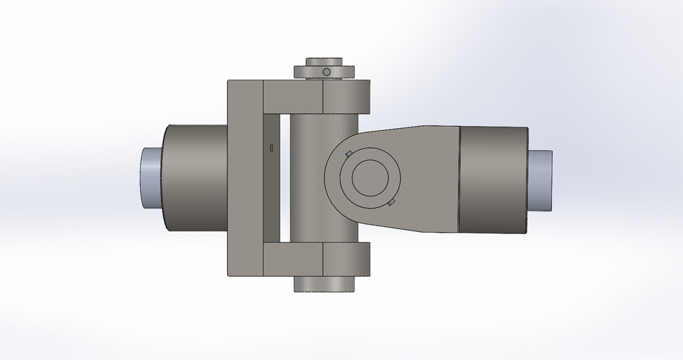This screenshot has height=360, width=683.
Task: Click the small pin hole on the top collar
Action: coord(326,72)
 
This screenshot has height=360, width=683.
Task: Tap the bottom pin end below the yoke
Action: coord(324,284)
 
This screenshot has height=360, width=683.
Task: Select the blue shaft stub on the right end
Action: coord(540,180)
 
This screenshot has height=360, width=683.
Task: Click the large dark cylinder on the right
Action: coord(494,180)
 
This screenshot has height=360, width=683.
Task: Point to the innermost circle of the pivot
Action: coord(369,177)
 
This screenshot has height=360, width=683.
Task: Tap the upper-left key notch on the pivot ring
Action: coord(347,154)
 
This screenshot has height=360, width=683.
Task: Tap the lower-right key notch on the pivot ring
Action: coord(391,203)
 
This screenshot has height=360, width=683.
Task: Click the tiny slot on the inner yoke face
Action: coord(272,147)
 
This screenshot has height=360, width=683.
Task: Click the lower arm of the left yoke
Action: coord(292,260)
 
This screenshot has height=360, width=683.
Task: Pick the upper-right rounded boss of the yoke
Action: coord(347,97)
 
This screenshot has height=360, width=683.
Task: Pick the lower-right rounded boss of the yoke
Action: coord(347,259)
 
